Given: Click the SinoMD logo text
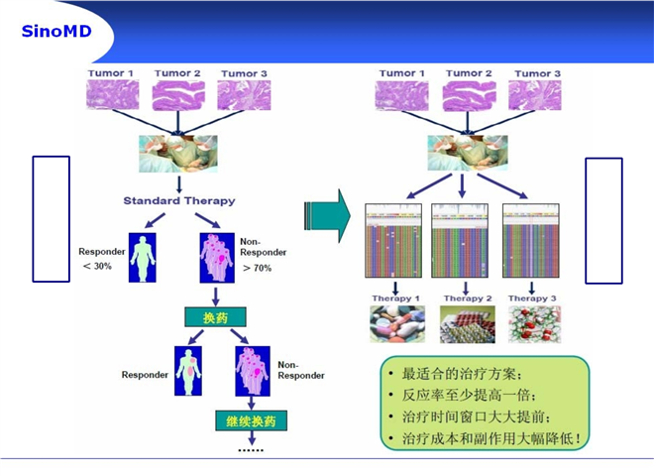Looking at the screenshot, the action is [x=56, y=32].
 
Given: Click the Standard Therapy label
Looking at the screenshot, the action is [x=179, y=201].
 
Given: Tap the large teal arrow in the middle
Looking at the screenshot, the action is [x=327, y=215].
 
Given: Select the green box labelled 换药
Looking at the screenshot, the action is [x=215, y=317].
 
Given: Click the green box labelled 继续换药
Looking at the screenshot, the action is [x=251, y=420].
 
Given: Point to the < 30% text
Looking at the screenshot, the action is [x=97, y=266].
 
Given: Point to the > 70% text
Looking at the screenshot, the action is [x=258, y=268].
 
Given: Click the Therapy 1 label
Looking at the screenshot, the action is [x=395, y=298].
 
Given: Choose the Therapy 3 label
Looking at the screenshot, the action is [x=532, y=298].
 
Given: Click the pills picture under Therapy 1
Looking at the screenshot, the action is [x=397, y=324].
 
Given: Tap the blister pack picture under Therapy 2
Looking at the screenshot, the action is [x=468, y=324].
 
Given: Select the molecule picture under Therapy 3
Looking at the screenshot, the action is [x=535, y=324].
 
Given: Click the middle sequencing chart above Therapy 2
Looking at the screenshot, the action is [x=460, y=241].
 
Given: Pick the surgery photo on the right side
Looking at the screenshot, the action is [x=468, y=153].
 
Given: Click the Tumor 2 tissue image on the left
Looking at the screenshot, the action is [x=178, y=95].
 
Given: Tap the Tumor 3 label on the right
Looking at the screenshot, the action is [x=538, y=74].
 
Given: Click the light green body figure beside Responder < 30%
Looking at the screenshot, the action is [x=143, y=258].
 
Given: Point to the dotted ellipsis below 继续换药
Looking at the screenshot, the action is [x=251, y=450].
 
